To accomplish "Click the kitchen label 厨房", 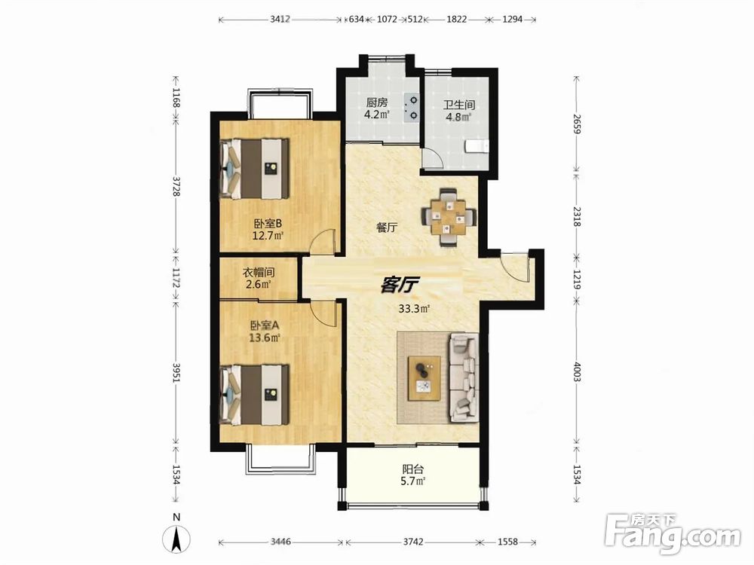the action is [x=376, y=102].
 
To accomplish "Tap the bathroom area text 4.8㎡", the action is [x=458, y=116].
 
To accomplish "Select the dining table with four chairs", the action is [x=449, y=218].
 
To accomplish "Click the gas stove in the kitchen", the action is [x=412, y=108].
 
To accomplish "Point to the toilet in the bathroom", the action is [x=477, y=146].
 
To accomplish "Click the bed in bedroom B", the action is [x=254, y=169].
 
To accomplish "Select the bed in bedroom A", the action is [x=254, y=395].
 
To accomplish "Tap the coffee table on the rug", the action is [x=425, y=378].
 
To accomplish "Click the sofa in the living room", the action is [x=464, y=378].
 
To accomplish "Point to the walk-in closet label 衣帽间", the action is [x=258, y=273].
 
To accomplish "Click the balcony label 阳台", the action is [x=412, y=469].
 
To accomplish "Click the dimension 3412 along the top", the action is [x=280, y=20].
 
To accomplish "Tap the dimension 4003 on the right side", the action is [x=577, y=372].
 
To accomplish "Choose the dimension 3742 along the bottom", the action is [x=413, y=542].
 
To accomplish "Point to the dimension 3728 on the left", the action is [x=176, y=185].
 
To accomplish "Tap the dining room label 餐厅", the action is [x=387, y=228].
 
